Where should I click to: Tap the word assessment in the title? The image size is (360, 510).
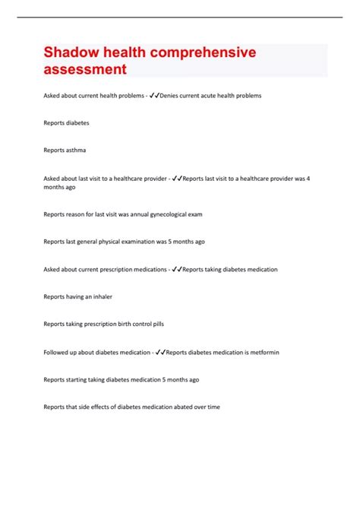[85, 70]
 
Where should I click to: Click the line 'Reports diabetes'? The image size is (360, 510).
[66, 122]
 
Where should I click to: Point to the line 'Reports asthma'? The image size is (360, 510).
[65, 150]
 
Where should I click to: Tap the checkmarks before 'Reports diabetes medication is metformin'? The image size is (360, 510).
[159, 351]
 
